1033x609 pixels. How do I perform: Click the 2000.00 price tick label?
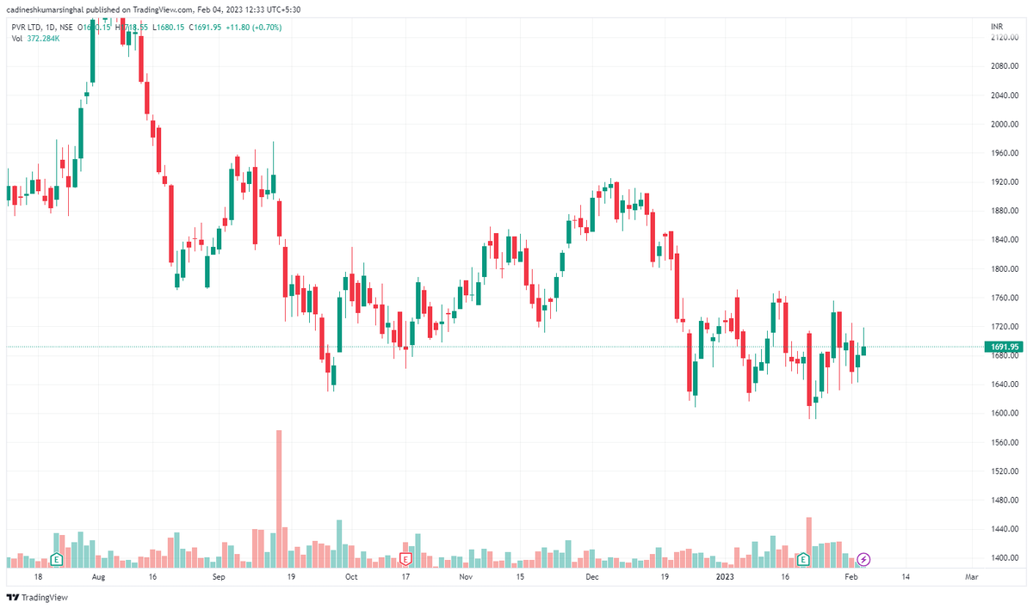[1005, 124]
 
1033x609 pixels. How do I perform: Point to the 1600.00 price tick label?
[1005, 413]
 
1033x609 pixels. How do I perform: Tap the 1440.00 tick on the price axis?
[1005, 529]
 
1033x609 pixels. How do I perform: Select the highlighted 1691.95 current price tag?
[1005, 347]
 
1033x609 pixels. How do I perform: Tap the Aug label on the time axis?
[98, 578]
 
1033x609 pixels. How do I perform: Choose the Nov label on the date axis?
[466, 578]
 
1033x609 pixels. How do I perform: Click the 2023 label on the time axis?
[725, 578]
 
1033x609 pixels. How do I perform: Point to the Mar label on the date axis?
[970, 578]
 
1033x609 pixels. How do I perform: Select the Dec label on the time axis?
[592, 578]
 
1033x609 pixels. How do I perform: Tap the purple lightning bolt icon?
[864, 560]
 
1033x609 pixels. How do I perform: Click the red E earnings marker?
[406, 559]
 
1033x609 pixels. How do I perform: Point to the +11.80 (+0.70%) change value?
[255, 28]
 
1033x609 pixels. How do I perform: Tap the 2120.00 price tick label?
[1005, 38]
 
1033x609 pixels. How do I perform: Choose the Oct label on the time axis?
[350, 578]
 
